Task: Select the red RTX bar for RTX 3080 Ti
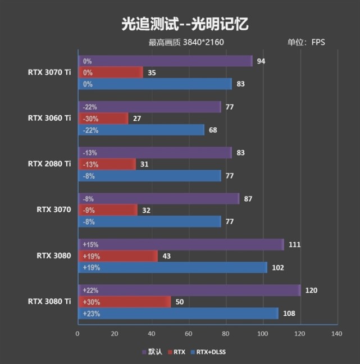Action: point(124,302)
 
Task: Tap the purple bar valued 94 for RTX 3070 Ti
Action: point(165,61)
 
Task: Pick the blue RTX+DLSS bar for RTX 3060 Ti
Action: point(140,130)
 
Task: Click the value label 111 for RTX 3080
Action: point(295,244)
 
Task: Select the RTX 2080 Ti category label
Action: point(49,164)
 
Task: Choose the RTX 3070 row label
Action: point(54,210)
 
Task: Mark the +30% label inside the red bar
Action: point(92,302)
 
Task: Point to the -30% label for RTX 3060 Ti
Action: point(90,119)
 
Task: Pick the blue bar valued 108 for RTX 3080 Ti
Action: point(177,313)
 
